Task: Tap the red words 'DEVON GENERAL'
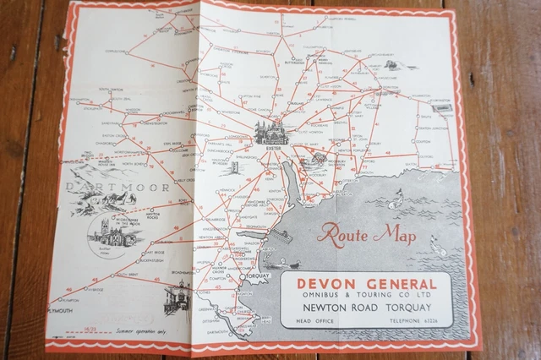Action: point(366,283)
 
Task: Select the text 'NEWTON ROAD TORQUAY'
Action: point(366,308)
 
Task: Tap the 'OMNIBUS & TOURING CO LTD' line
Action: point(366,296)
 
